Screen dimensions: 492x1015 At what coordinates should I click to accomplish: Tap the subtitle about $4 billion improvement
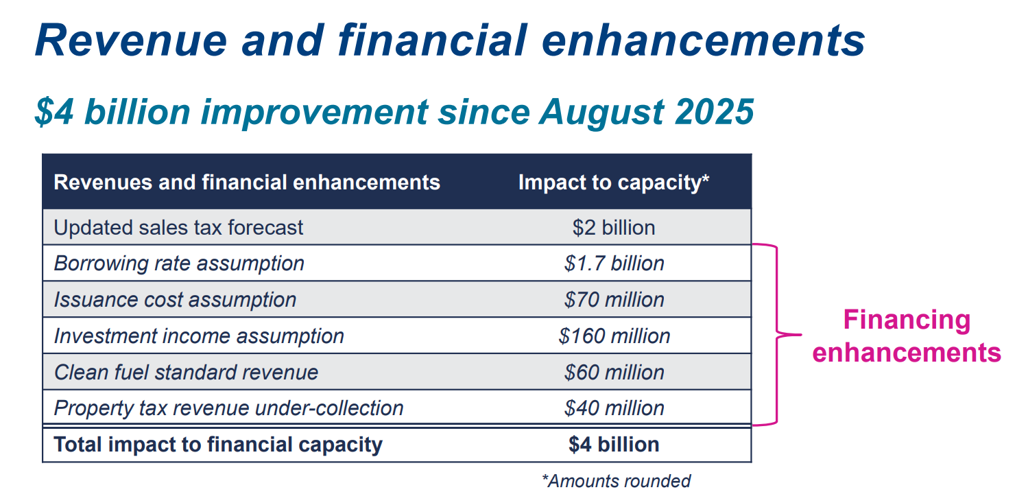pos(394,112)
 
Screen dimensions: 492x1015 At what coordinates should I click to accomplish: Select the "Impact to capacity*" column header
pos(613,183)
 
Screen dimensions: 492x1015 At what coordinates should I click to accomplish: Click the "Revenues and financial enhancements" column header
pos(247,183)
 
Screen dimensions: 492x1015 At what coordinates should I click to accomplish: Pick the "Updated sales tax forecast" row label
pos(178,228)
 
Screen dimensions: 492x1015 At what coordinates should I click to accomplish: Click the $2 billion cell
pos(614,228)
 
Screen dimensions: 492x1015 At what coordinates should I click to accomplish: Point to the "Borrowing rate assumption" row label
pos(179,263)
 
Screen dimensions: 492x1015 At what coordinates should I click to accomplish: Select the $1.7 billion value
pos(614,263)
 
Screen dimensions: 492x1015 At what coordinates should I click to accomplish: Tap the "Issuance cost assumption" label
pos(175,300)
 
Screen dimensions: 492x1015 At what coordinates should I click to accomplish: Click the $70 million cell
pos(614,300)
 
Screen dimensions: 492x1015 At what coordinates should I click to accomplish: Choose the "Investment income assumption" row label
pos(199,336)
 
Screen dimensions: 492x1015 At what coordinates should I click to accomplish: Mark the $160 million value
pos(614,336)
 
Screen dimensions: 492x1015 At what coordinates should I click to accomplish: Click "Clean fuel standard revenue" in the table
pos(186,373)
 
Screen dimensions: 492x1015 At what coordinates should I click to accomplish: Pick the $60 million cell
pos(614,373)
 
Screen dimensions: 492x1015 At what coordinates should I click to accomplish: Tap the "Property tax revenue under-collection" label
pos(228,408)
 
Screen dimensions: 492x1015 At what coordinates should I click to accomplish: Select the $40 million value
pos(614,408)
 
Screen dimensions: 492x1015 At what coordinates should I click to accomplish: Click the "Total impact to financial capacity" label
pos(218,445)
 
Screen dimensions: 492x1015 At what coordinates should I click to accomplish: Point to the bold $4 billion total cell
pos(614,445)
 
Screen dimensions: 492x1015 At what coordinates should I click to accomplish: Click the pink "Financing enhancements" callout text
pos(906,336)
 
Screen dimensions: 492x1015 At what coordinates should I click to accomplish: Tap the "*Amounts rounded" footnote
pos(616,481)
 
